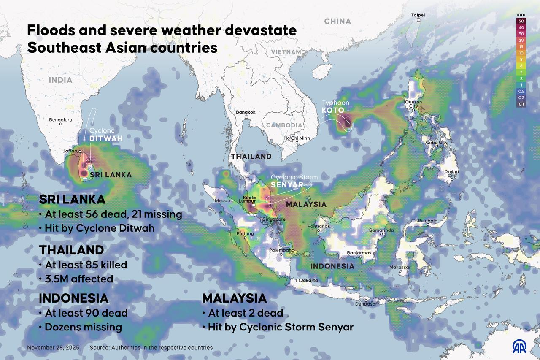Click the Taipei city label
(418, 15)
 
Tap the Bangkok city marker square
(246, 118)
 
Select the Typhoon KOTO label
(335, 107)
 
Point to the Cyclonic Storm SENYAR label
(294, 181)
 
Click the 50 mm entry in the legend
(521, 21)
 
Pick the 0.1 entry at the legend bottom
(521, 104)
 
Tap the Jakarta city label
(309, 280)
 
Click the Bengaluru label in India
(61, 120)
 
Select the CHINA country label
(337, 21)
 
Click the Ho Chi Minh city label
(297, 138)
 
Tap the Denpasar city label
(365, 304)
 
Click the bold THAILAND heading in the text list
(71, 250)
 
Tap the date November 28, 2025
(53, 348)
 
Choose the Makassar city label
(400, 267)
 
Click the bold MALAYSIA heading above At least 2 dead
(234, 298)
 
